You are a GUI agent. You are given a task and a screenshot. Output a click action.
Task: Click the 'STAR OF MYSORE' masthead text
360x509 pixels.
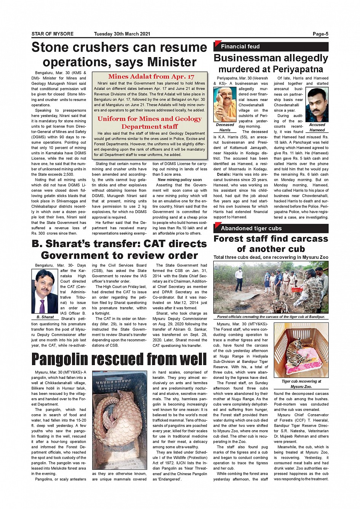[53, 34]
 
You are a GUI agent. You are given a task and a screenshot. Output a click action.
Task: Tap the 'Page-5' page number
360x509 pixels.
[320, 34]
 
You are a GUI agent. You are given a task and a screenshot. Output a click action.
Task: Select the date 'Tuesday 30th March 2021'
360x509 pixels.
[122, 34]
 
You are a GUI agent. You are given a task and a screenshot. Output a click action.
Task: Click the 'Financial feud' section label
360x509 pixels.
[240, 47]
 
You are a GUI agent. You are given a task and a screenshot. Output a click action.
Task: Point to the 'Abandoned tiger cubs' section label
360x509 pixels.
[251, 228]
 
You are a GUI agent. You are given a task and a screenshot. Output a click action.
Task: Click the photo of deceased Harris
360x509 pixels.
[225, 104]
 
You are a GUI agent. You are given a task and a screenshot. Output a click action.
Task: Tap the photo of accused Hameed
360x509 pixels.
[317, 105]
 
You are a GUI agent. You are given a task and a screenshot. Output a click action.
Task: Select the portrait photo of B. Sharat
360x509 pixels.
[45, 291]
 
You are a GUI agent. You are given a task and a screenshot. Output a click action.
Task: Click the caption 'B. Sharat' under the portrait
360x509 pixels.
[45, 317]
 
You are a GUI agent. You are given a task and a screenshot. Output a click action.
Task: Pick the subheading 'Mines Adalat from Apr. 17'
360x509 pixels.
[151, 77]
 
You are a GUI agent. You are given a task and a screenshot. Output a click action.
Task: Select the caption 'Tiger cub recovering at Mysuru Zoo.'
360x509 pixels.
[301, 384]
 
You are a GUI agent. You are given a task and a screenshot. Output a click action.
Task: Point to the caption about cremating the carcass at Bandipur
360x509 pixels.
[270, 317]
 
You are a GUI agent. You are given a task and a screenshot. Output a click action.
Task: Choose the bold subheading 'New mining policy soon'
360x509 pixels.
[180, 180]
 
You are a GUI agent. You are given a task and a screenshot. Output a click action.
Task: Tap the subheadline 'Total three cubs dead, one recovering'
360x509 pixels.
[270, 257]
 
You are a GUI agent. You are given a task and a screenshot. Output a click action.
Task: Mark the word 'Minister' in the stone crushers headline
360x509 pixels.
[172, 62]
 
